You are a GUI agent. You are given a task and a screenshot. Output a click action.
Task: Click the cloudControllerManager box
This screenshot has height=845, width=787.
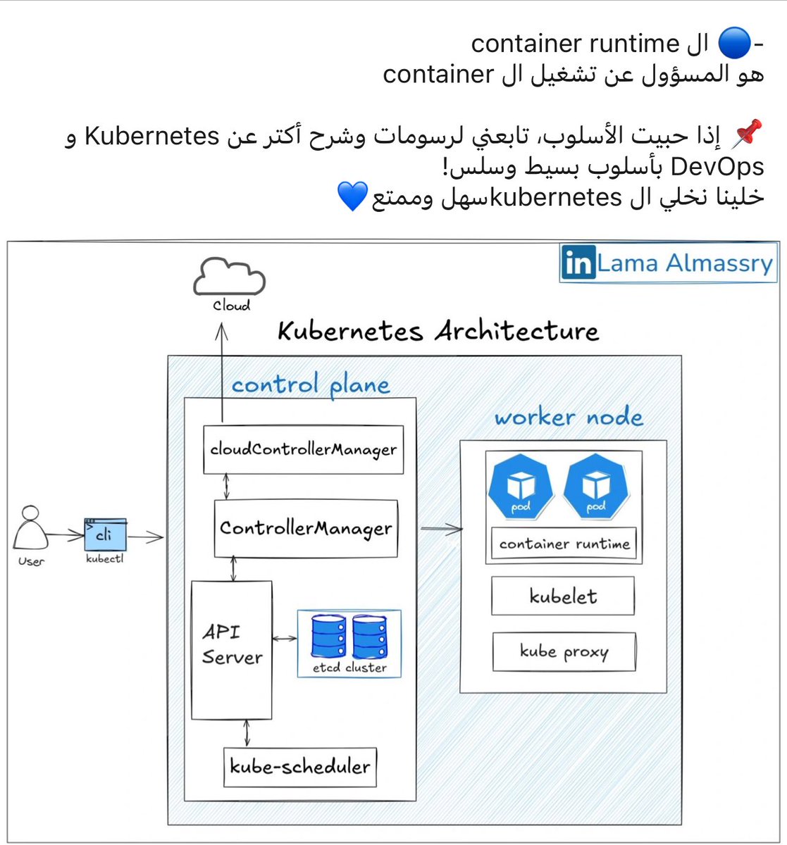(x=303, y=449)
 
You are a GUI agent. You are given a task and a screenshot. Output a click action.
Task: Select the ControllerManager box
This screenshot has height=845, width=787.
(x=306, y=528)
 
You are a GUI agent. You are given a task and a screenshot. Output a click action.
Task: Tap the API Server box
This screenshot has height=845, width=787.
(x=232, y=649)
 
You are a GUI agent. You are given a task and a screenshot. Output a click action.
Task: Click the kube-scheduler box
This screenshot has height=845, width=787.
(x=299, y=766)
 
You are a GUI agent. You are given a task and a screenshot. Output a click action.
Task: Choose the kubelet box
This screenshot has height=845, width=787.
(x=563, y=596)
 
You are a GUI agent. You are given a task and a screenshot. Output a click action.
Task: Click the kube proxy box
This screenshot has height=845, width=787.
(x=564, y=651)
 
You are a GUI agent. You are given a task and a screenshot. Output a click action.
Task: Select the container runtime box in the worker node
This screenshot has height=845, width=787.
(x=564, y=544)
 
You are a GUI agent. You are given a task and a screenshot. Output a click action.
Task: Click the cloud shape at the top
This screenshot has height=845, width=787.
(x=230, y=280)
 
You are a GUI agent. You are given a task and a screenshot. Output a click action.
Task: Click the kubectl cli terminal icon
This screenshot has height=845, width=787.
(x=105, y=536)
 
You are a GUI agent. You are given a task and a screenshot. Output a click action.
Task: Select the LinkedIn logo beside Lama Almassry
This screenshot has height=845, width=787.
(x=578, y=263)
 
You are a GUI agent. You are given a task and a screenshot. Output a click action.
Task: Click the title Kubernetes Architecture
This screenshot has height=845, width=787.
(x=438, y=331)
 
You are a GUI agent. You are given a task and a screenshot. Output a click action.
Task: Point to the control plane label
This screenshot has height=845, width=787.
(x=311, y=384)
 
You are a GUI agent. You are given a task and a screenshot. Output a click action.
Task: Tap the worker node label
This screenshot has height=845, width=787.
(x=569, y=417)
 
